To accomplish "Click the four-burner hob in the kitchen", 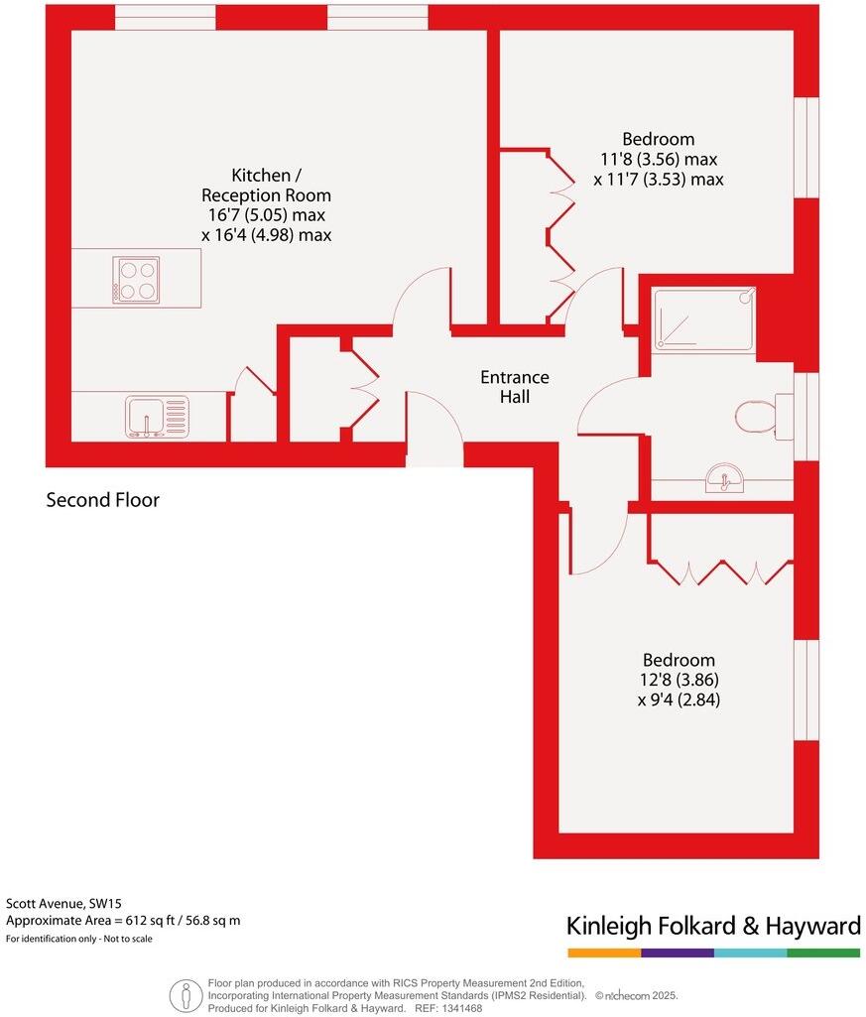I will coord(136,280).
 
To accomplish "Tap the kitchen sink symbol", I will coord(157,417).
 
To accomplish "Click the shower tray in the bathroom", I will coord(703,318).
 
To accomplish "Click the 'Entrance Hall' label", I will coord(514,387).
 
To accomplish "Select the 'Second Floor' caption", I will coord(102,500).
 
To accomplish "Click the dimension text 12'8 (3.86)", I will coord(679,681).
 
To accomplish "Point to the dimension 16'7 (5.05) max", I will coord(266,215).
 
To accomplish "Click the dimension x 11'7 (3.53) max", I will coord(659,180).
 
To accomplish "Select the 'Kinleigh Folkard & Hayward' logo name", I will coord(712,926).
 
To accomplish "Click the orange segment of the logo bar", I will coord(603,953).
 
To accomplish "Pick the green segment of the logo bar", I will coord(823,953).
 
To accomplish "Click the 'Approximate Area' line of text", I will coord(123,921).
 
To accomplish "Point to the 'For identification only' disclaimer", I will coord(79,939).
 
